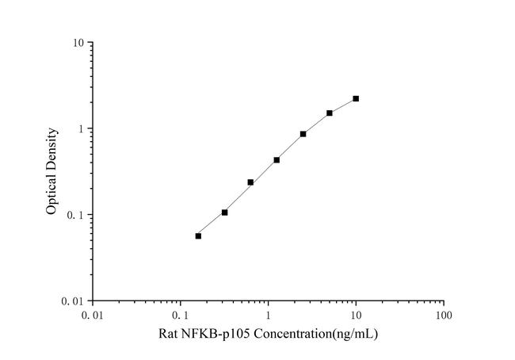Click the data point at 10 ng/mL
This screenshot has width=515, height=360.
click(x=356, y=98)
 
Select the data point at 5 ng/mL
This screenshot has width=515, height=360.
click(x=330, y=113)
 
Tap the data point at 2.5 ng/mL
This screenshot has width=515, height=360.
click(x=303, y=134)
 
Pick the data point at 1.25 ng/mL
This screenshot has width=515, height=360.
click(x=277, y=159)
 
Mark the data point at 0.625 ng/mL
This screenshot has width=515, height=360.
click(x=250, y=182)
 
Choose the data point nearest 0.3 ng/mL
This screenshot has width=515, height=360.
click(x=224, y=213)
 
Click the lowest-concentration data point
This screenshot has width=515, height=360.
click(x=198, y=236)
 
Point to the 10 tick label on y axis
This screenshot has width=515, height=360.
click(x=78, y=42)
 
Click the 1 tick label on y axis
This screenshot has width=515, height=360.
click(x=82, y=128)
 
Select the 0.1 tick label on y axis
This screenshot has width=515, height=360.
click(x=77, y=215)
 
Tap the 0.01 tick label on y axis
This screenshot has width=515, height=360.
click(x=74, y=301)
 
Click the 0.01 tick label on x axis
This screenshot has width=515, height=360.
click(x=93, y=315)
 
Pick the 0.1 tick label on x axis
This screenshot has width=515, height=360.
click(x=181, y=315)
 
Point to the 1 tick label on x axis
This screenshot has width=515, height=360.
click(x=269, y=315)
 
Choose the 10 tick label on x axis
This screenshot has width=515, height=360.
click(x=356, y=315)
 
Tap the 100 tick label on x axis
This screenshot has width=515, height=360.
click(x=444, y=315)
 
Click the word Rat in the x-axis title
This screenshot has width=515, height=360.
click(x=170, y=334)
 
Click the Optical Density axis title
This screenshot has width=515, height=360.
click(x=51, y=171)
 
